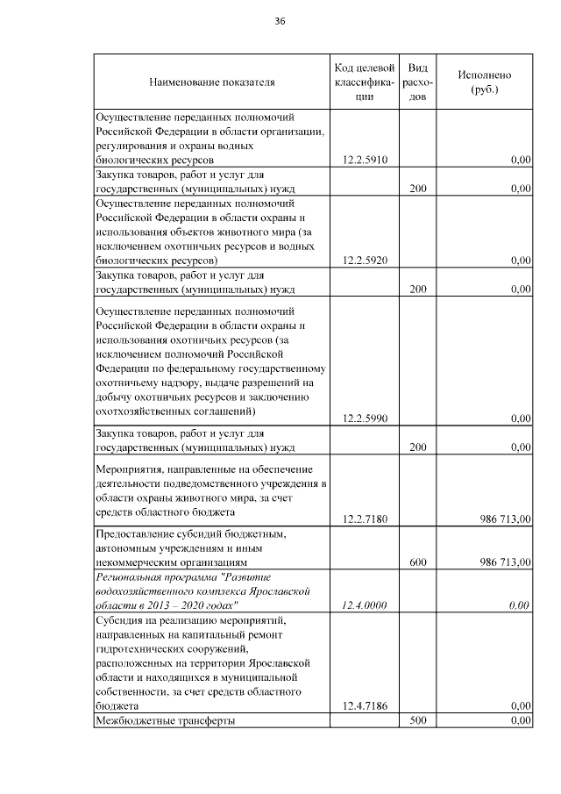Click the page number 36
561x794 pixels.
[280, 20]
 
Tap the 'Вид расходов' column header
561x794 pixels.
[417, 82]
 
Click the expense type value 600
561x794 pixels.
[417, 562]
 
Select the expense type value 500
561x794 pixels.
[417, 720]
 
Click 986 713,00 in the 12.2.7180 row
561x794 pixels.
[506, 519]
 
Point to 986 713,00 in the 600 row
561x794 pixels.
[506, 562]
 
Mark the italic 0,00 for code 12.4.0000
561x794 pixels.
[520, 605]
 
